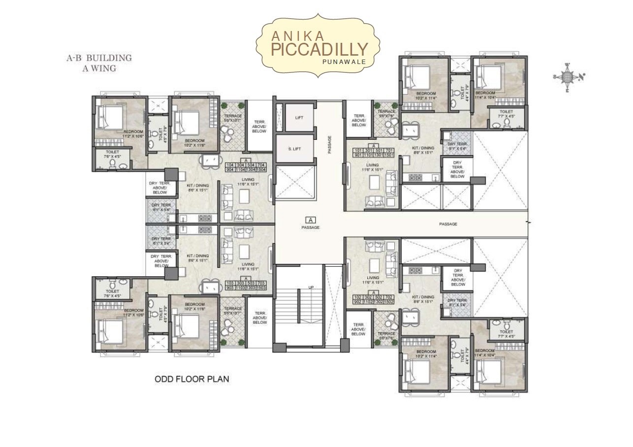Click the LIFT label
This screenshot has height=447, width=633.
pos(299,118)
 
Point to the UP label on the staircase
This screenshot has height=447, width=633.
pos(311,287)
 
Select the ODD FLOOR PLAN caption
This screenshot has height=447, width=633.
pos(192,379)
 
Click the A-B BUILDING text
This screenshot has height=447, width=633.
pos(99,58)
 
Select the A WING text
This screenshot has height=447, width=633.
pos(99,68)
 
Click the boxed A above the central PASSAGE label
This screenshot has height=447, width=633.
pos(311,220)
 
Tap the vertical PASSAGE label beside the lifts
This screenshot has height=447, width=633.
pos(329,145)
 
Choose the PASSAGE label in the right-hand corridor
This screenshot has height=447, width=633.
pos(448,224)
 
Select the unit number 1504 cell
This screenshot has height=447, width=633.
pos(261,170)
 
